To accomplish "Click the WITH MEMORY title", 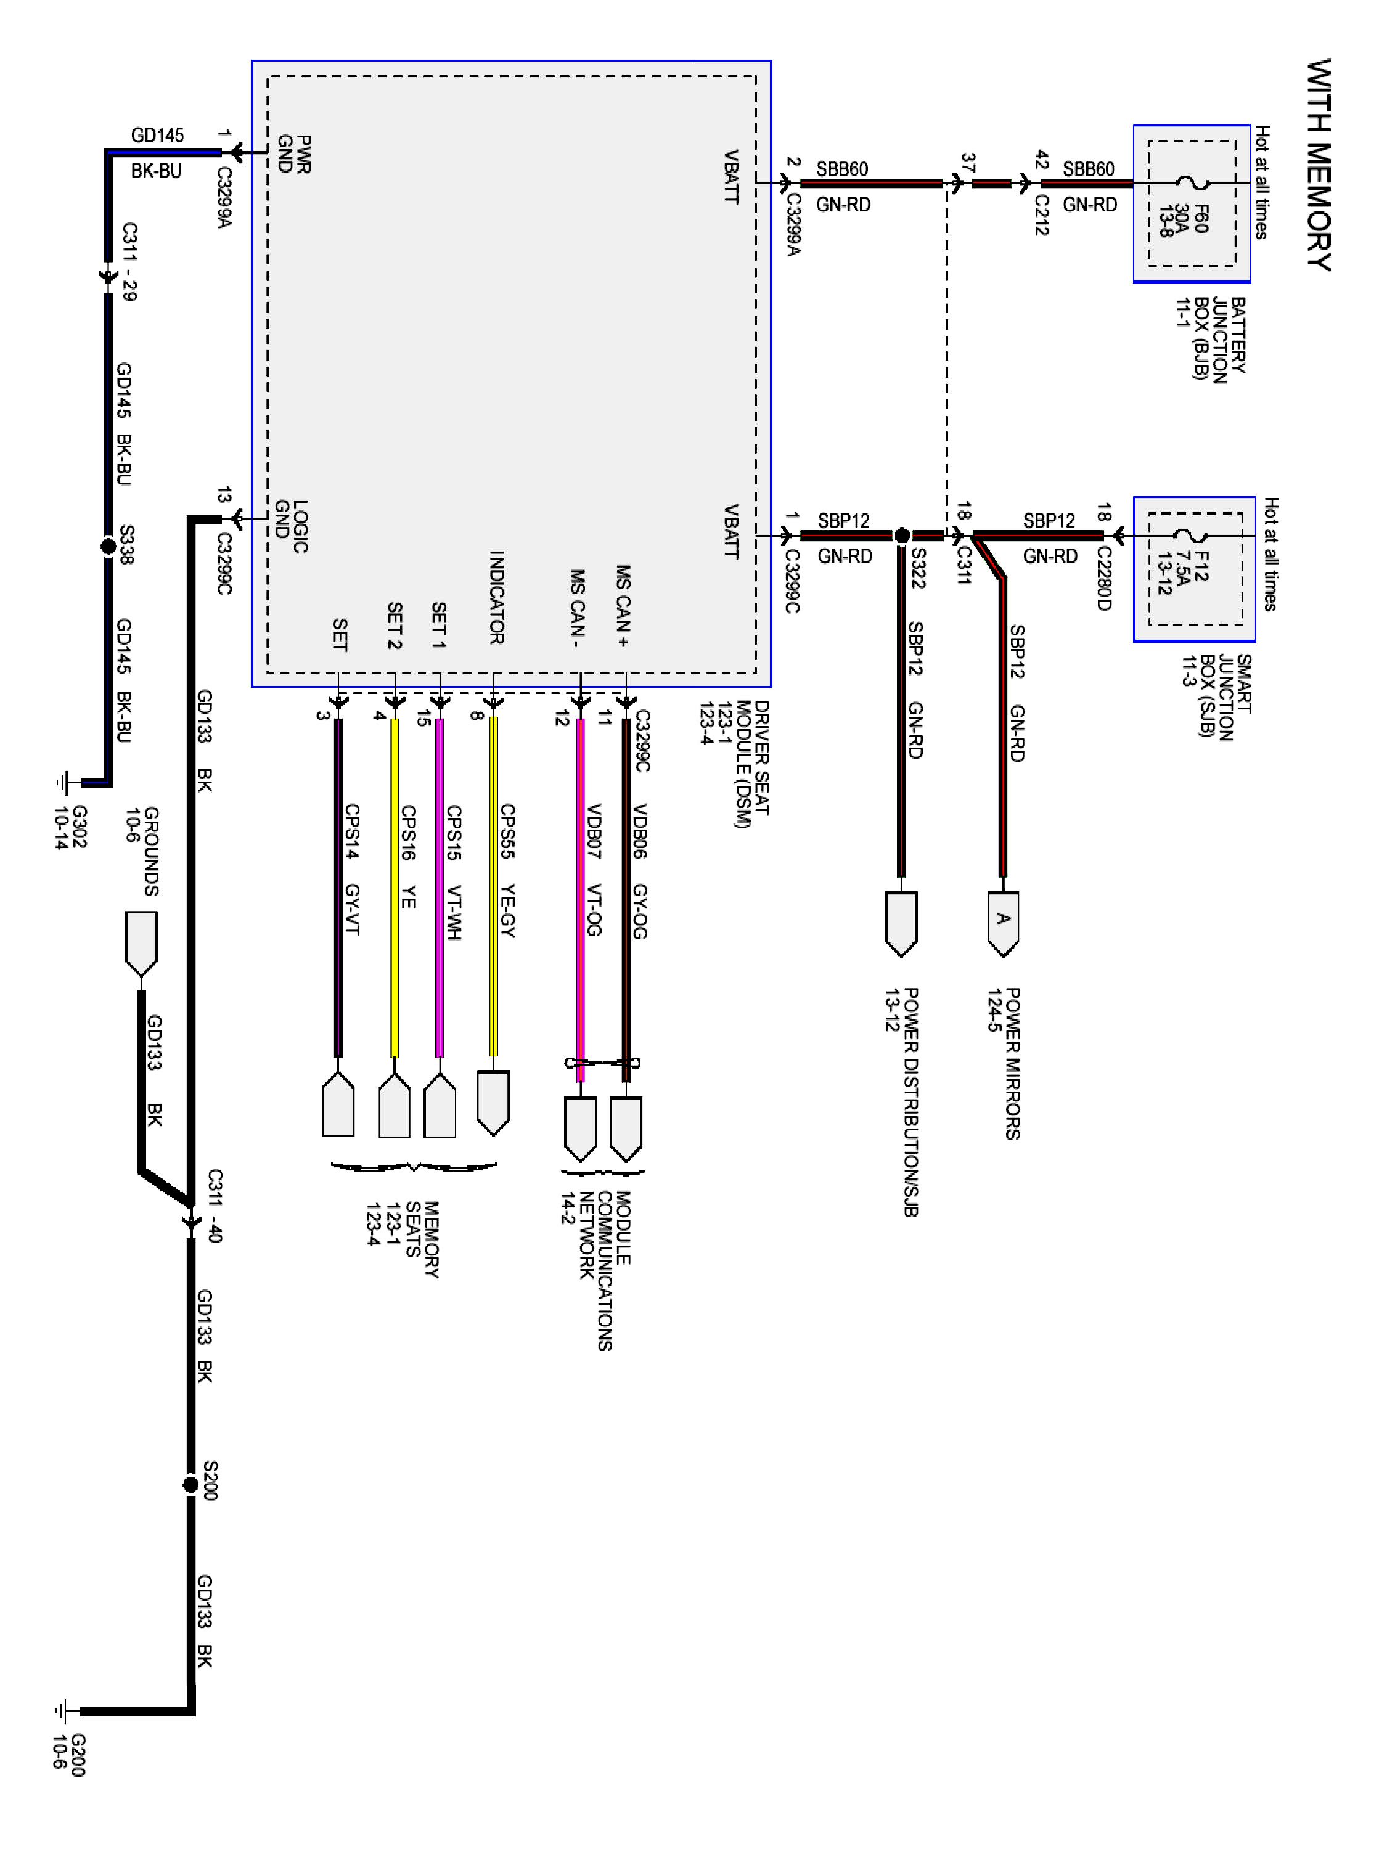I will click(1319, 164).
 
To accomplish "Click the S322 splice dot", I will click(901, 535).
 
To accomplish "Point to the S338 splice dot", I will click(108, 547).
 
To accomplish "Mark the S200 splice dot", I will click(190, 1485).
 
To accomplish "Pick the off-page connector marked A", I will click(1002, 921).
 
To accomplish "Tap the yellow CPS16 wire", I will click(395, 886).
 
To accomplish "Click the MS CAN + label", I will click(623, 605).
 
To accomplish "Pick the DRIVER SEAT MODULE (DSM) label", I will click(735, 764).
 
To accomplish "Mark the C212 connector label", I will click(1041, 215).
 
